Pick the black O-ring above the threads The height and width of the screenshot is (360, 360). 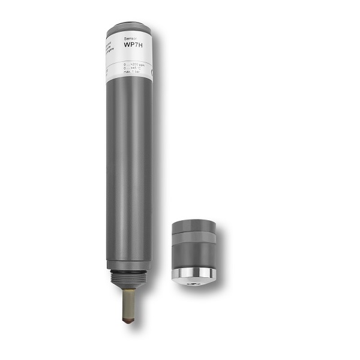click(129, 272)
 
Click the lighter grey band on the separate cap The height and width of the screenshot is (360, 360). click(193, 236)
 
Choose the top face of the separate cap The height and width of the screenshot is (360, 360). click(193, 223)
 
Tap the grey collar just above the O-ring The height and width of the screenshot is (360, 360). click(129, 265)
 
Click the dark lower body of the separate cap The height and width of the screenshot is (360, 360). click(193, 255)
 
